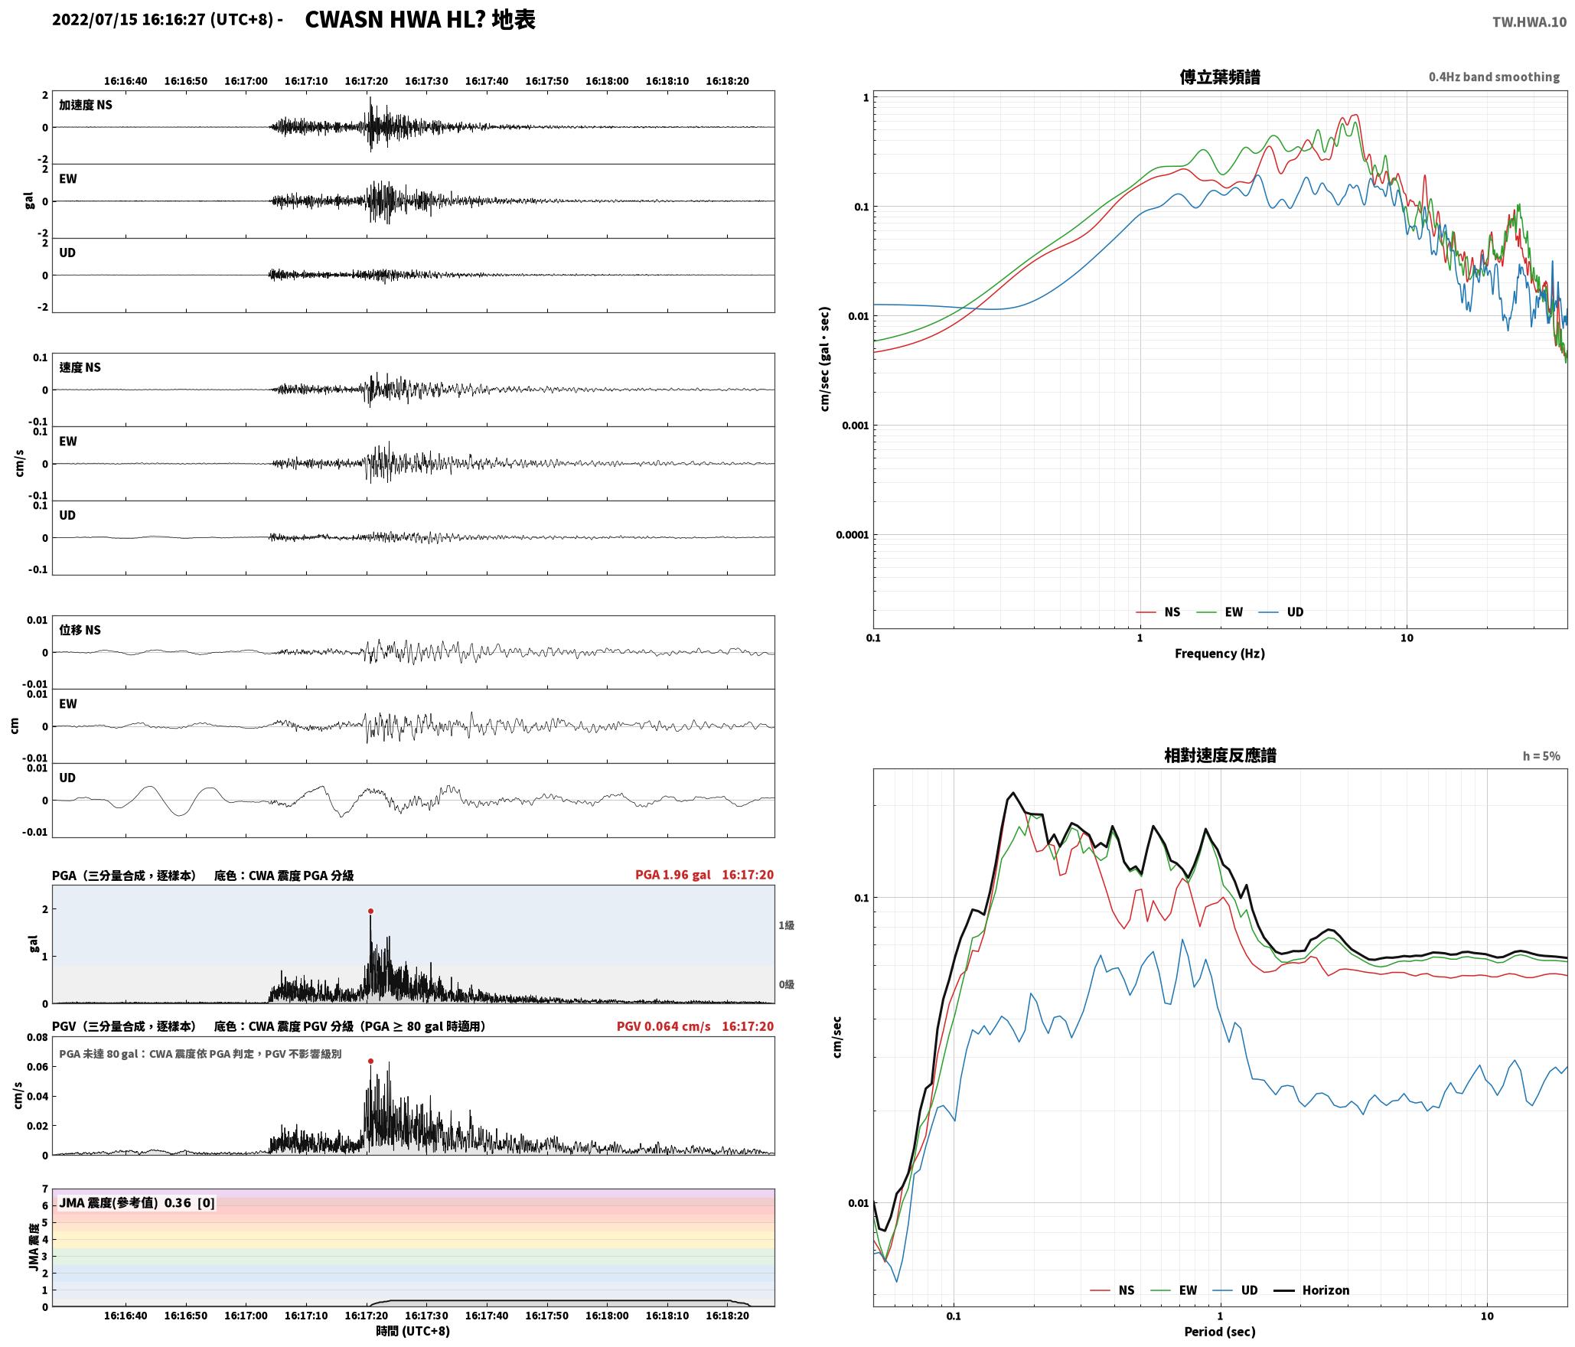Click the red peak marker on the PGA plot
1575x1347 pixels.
(x=370, y=911)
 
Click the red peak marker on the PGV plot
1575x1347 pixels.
(x=370, y=1061)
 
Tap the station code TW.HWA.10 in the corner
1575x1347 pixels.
(x=1529, y=22)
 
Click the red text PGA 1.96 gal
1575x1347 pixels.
(x=673, y=875)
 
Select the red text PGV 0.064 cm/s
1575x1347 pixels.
(x=664, y=1026)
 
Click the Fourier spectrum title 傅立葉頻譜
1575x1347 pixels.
(x=1220, y=77)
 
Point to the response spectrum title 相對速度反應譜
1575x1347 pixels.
(x=1220, y=755)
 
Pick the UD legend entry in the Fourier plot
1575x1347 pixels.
(x=1281, y=612)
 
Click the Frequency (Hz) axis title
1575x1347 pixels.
(x=1220, y=654)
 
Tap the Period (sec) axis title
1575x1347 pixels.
(x=1220, y=1332)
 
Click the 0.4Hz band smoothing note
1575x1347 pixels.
(x=1494, y=77)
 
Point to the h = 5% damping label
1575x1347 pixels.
(x=1541, y=756)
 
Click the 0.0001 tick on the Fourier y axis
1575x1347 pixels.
(x=852, y=534)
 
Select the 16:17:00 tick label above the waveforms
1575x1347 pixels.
(x=246, y=80)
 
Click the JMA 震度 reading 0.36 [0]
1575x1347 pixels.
(x=190, y=1202)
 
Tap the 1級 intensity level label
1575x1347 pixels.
(x=786, y=925)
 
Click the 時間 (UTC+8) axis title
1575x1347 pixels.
(x=412, y=1331)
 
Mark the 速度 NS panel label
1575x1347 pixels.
(x=80, y=367)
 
